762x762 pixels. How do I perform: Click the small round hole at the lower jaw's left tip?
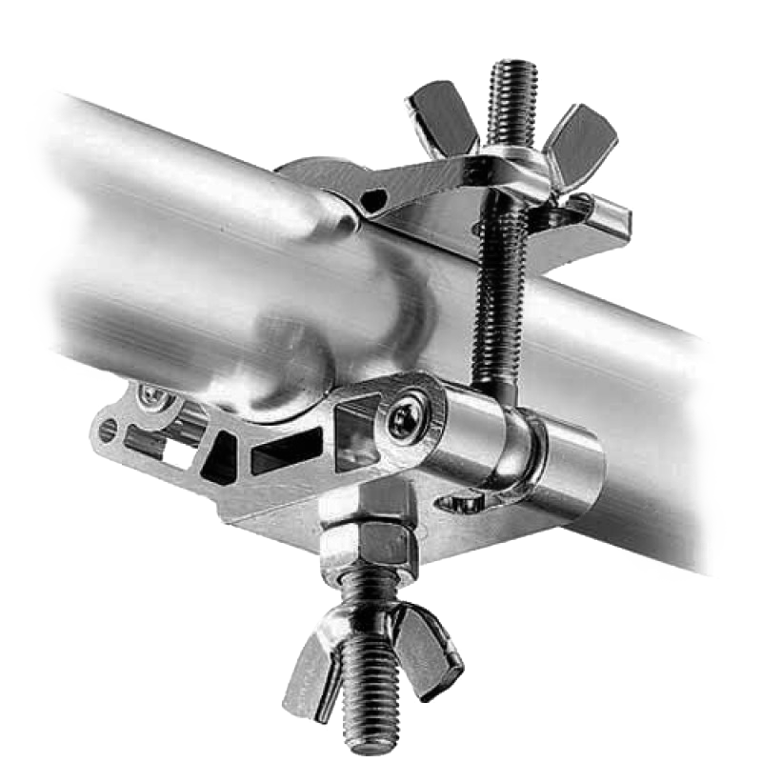pos(108,431)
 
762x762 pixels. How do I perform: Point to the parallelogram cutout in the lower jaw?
pos(286,452)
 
